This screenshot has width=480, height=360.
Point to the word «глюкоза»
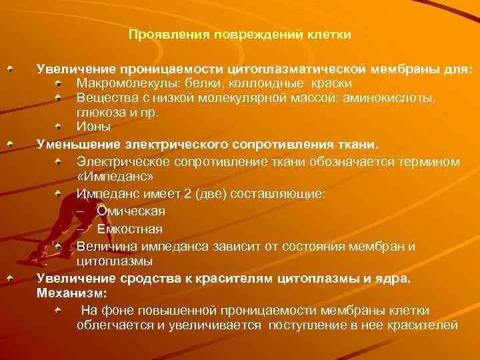(x=99, y=112)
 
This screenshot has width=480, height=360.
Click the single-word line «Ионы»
(x=93, y=126)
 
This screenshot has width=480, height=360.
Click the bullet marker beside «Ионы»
(x=59, y=125)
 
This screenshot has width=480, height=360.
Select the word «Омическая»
(x=131, y=211)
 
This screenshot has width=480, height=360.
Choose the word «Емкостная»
(x=129, y=229)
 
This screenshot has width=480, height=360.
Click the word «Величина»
(x=103, y=247)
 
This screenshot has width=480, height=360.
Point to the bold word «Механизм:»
(x=72, y=292)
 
